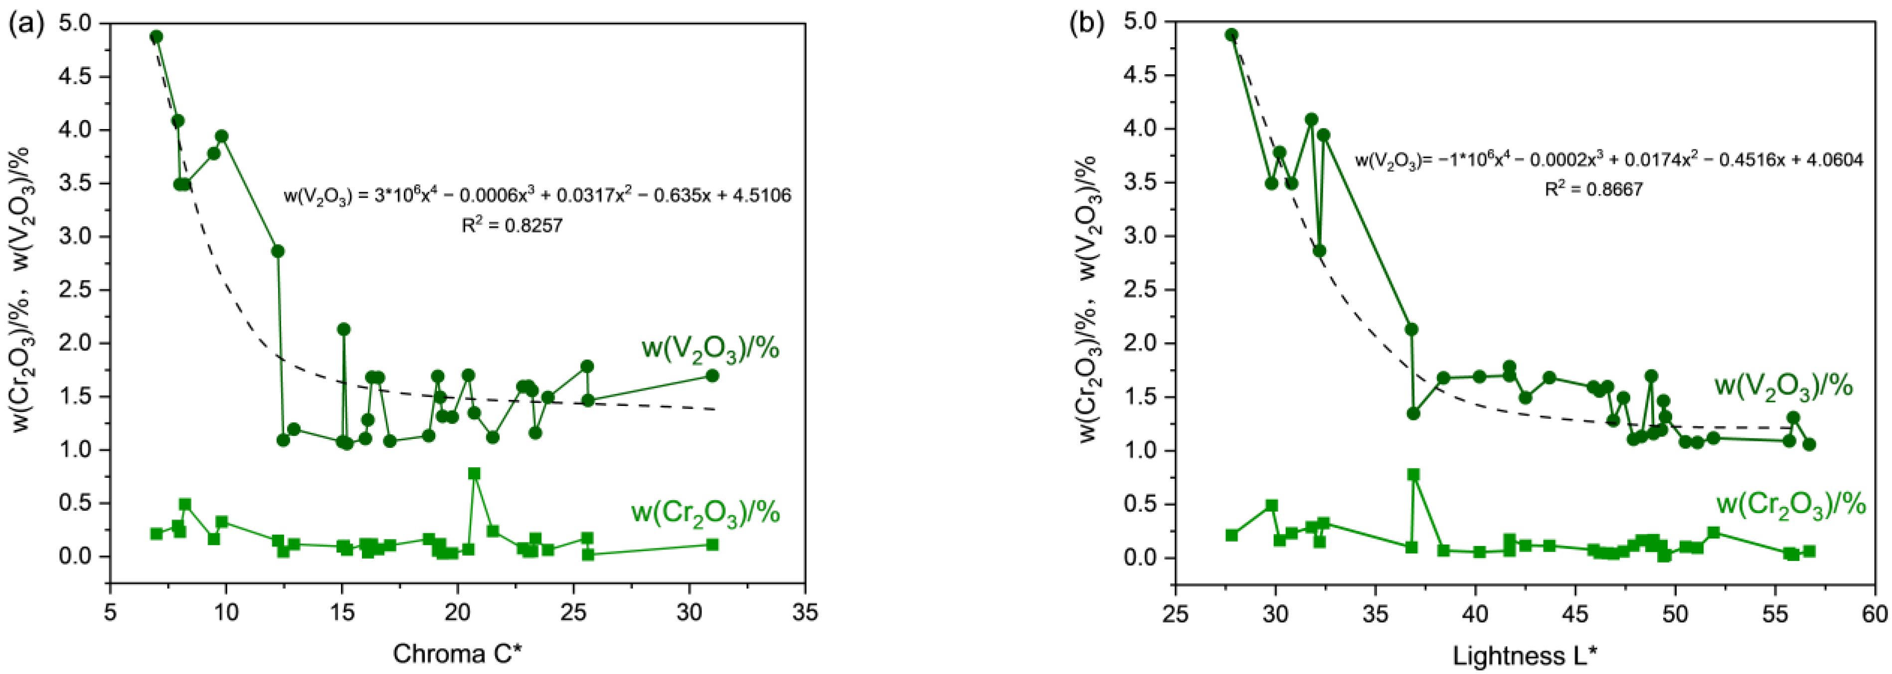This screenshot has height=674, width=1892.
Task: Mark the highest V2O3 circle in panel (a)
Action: coord(156,37)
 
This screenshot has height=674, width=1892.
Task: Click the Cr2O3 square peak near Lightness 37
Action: coord(1413,474)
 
